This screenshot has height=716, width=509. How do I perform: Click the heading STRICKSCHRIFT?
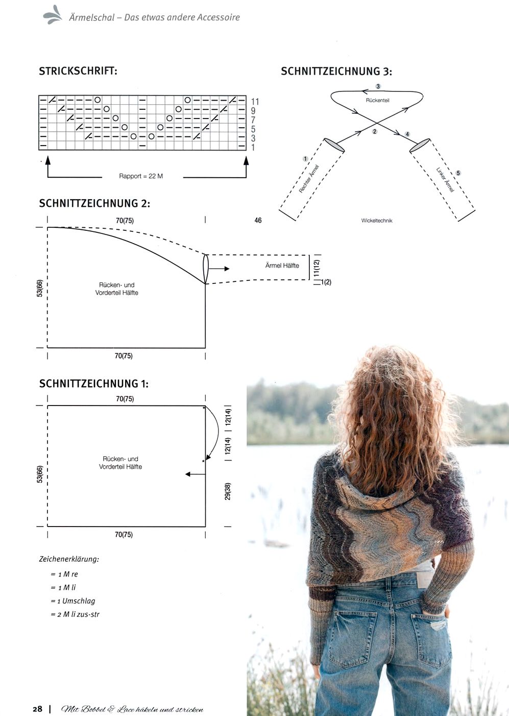tap(78, 71)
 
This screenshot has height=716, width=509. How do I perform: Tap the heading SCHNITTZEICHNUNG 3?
tap(336, 71)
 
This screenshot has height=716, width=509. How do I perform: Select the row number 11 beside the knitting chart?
tap(255, 102)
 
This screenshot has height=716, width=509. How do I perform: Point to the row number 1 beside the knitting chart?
tap(253, 148)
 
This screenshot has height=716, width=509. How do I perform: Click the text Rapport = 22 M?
tap(141, 176)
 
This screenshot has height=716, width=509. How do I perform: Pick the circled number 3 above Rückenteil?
tap(378, 86)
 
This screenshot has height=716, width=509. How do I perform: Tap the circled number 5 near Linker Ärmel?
tap(458, 173)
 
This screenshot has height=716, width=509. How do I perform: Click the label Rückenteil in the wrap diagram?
tap(377, 101)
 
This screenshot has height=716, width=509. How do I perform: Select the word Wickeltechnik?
tap(377, 221)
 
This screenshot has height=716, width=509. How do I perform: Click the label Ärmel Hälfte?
tap(282, 265)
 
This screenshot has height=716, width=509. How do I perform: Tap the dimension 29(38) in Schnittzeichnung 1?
tap(228, 491)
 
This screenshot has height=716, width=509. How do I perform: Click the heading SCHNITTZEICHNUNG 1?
tap(94, 384)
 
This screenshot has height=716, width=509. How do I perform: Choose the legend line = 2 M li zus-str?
tap(75, 614)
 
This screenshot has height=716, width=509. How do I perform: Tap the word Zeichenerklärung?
tap(69, 559)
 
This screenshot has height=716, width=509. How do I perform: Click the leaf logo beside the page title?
tap(53, 15)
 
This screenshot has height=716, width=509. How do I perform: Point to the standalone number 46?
tap(258, 220)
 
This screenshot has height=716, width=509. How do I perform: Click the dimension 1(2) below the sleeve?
tap(326, 282)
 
